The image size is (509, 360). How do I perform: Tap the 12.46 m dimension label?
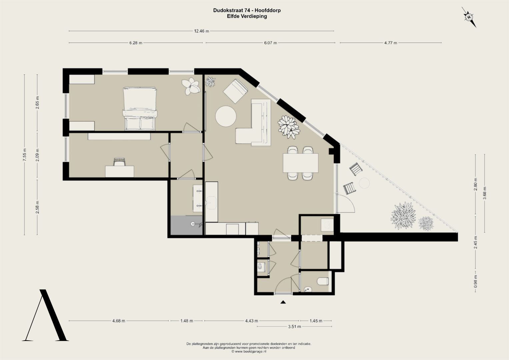(201, 31)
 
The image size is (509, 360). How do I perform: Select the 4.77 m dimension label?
(391, 43)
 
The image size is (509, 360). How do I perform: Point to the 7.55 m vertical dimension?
(25, 155)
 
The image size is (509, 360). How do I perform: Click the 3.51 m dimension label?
(294, 327)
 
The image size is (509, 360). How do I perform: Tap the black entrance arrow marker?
(283, 302)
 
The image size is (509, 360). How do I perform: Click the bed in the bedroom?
(140, 109)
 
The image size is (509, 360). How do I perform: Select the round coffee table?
(226, 116)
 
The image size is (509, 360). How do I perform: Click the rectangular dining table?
(300, 163)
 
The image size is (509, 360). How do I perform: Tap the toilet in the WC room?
(323, 281)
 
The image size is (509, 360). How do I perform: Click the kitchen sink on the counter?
(211, 203)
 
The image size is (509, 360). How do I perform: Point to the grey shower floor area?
(186, 225)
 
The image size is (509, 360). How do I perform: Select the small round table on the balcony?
(364, 183)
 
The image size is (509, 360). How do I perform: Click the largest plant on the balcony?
(403, 215)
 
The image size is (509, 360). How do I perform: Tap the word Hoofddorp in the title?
(268, 10)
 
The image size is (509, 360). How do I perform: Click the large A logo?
(45, 315)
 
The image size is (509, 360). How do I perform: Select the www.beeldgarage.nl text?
(250, 352)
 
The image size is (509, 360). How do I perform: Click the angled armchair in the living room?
(235, 91)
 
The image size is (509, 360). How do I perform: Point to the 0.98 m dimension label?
(475, 281)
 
